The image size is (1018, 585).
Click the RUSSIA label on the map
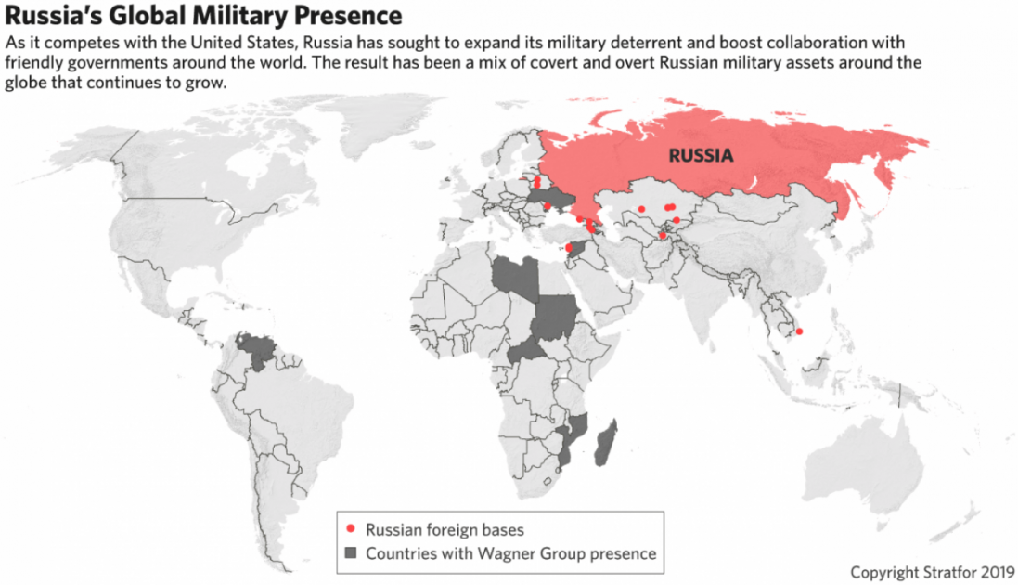(701, 155)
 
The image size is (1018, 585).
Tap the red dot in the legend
(350, 529)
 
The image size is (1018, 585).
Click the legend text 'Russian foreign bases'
(445, 530)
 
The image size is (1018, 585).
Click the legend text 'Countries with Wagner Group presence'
(510, 553)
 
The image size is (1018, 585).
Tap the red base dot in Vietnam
(800, 331)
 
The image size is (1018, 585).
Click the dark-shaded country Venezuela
(252, 351)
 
